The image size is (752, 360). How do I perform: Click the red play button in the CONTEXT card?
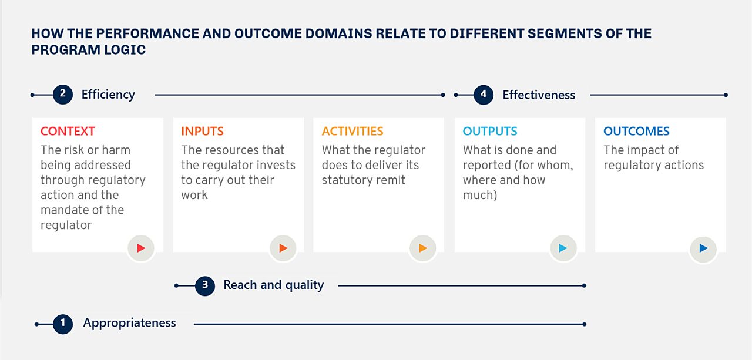140,248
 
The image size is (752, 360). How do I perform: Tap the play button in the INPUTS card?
283,248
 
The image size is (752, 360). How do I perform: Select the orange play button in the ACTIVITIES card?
422,248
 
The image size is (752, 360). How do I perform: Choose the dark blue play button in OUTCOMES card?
703,248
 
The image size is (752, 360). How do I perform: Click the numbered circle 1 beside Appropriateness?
63,324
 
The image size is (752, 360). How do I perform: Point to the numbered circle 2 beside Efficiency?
63,95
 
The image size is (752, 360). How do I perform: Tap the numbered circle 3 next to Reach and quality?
205,286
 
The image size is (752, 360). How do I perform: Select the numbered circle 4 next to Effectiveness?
484,95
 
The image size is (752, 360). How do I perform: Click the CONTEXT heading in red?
68,132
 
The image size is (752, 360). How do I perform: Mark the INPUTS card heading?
202,132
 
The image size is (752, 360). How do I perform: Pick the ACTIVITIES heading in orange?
352,132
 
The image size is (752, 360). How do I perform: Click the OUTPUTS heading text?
490,132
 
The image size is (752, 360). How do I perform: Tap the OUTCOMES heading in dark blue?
636,132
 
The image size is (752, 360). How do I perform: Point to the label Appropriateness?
129,323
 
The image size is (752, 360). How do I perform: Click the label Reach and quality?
273,285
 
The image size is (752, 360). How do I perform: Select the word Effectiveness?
539,95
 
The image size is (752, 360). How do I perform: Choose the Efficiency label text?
108,95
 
